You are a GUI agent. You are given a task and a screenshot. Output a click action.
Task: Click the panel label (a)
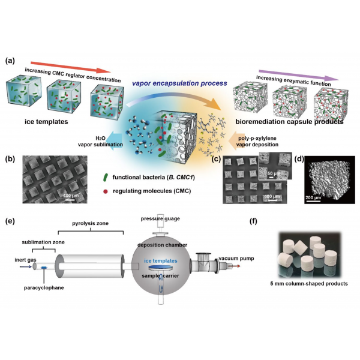[10, 61]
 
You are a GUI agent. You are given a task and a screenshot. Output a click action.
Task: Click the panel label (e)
[10, 221]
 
